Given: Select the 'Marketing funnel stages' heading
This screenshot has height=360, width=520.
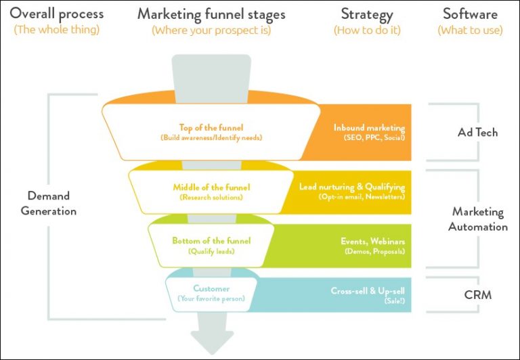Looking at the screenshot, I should click(x=211, y=14).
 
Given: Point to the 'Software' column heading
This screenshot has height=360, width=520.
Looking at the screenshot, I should click(x=470, y=14).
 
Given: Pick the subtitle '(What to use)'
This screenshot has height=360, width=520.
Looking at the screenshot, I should click(x=470, y=30).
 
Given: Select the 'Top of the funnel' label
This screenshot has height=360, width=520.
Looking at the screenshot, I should click(x=211, y=127).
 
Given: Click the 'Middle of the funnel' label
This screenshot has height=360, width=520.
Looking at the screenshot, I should click(x=211, y=187).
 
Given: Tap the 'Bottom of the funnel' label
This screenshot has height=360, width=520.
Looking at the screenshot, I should click(x=211, y=241).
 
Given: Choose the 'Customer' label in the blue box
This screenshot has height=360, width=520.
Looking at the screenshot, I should click(x=211, y=288).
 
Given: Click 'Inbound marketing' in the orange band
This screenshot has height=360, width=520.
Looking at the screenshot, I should click(x=369, y=127).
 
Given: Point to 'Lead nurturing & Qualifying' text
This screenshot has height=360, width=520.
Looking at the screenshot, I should click(x=352, y=187).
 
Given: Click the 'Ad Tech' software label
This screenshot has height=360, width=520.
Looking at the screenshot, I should click(x=477, y=133).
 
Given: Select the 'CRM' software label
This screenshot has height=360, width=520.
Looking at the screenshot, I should click(x=478, y=295).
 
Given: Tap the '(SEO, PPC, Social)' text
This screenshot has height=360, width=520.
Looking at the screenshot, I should click(x=369, y=138).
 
